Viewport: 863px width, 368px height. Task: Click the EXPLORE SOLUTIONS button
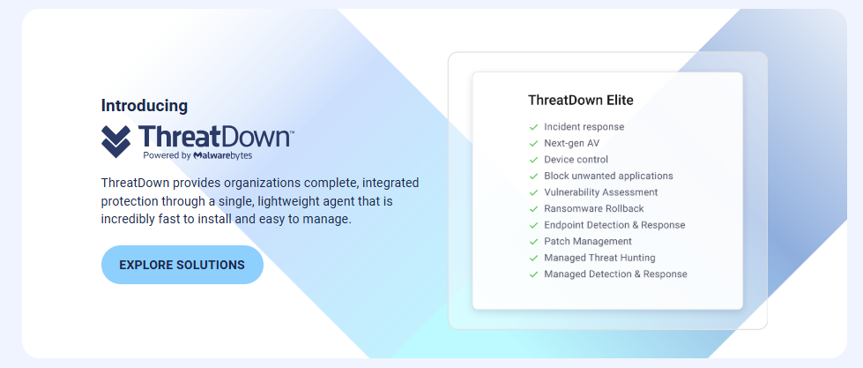pyautogui.click(x=182, y=265)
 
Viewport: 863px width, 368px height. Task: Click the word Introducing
pyautogui.click(x=145, y=106)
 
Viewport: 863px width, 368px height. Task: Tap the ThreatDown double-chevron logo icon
pyautogui.click(x=116, y=141)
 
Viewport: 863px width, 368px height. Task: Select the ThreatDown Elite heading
pyautogui.click(x=581, y=101)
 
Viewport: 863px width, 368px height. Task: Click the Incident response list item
pyautogui.click(x=584, y=127)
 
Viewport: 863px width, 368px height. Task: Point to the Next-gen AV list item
pyautogui.click(x=571, y=143)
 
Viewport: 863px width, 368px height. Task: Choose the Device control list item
pyautogui.click(x=576, y=160)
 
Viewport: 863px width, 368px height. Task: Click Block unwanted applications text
pyautogui.click(x=608, y=176)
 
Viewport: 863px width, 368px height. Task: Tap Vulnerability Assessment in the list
pyautogui.click(x=600, y=192)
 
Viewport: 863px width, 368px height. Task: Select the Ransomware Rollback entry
pyautogui.click(x=594, y=209)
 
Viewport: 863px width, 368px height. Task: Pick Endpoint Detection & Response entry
pyautogui.click(x=614, y=225)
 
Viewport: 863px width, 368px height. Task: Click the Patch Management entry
pyautogui.click(x=588, y=241)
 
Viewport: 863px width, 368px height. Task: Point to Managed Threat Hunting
pyautogui.click(x=599, y=258)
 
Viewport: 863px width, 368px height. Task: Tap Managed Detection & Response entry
pyautogui.click(x=615, y=274)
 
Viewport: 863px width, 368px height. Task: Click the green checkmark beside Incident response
pyautogui.click(x=533, y=127)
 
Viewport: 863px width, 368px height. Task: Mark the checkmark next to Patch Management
pyautogui.click(x=533, y=242)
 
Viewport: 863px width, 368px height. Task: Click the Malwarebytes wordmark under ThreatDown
pyautogui.click(x=222, y=155)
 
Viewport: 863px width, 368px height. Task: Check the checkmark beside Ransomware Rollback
pyautogui.click(x=533, y=209)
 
